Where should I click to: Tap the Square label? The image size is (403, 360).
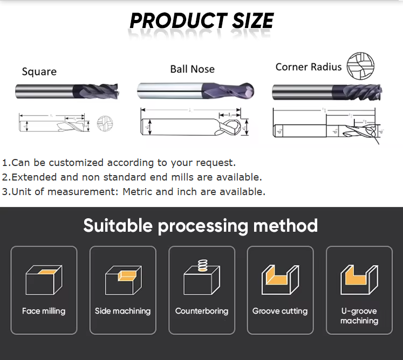(39, 72)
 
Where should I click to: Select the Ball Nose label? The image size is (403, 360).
(192, 69)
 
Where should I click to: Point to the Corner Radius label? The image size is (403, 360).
(308, 67)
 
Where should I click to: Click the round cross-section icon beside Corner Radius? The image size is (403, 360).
(361, 67)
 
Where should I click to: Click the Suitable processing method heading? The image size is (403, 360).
(201, 225)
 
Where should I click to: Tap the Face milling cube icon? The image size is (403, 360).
(44, 279)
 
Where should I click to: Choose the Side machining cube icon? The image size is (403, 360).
(122, 279)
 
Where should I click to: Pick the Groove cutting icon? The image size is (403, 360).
(280, 280)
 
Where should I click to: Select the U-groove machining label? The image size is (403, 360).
(359, 316)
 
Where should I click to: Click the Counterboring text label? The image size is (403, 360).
(202, 311)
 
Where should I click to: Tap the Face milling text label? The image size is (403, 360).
(44, 311)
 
